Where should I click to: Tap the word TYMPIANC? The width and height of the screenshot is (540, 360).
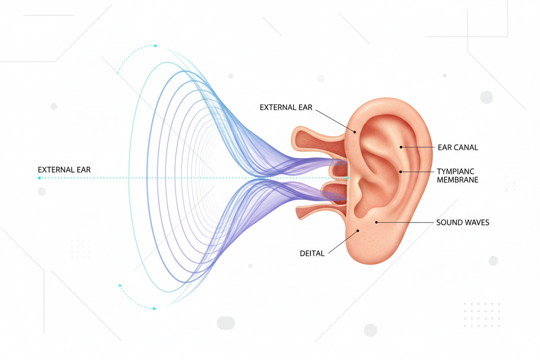click(x=456, y=171)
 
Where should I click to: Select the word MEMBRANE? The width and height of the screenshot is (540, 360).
click(x=458, y=180)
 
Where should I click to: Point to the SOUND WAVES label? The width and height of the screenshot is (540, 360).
click(x=462, y=222)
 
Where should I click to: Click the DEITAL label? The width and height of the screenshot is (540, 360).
click(x=312, y=253)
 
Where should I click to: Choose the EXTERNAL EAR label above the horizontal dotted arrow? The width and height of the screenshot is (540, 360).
click(x=64, y=170)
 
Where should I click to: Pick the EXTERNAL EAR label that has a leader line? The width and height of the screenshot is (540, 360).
click(x=286, y=108)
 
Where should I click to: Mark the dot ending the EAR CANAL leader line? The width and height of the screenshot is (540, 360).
click(x=401, y=147)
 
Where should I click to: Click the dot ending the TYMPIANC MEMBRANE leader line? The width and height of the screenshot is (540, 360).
click(x=401, y=171)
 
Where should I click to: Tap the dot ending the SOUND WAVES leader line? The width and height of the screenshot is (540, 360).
click(x=377, y=222)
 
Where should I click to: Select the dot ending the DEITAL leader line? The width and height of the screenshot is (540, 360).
click(x=358, y=230)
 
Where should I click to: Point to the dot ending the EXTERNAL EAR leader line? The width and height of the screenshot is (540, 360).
click(x=355, y=132)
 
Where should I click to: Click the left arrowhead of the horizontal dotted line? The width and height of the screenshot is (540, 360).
click(x=39, y=178)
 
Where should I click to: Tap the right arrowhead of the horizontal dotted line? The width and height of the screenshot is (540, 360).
click(x=348, y=178)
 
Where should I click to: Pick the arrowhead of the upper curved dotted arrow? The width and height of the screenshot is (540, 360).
click(x=156, y=46)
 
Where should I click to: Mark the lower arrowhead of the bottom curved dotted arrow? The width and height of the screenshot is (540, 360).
click(x=155, y=308)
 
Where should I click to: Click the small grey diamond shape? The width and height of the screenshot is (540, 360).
click(x=54, y=107)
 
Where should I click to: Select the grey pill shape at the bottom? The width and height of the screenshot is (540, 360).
click(x=226, y=323)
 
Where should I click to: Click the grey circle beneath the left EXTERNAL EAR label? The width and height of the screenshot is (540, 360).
click(x=42, y=192)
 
